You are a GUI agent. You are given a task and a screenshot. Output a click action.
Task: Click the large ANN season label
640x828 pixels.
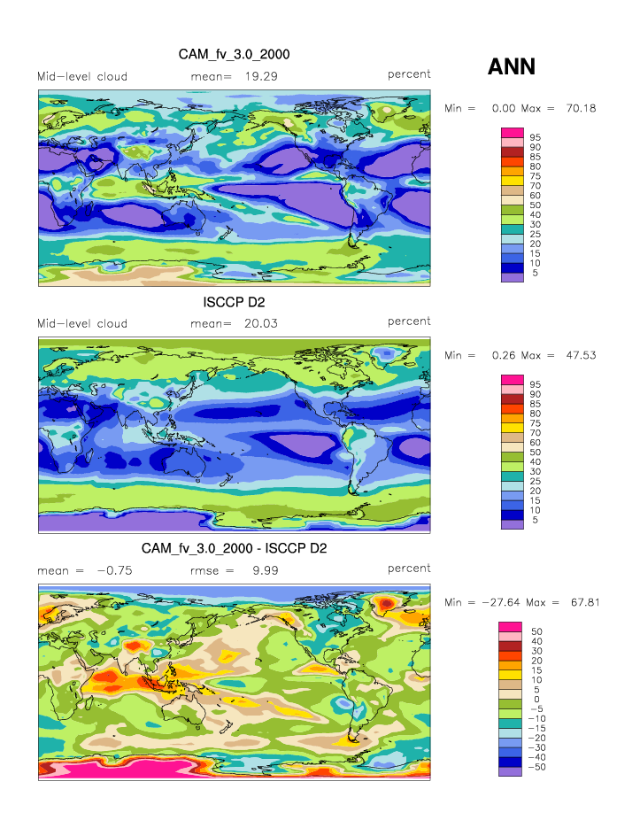click(x=512, y=66)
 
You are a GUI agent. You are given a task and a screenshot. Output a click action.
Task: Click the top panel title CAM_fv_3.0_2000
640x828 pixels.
click(x=234, y=55)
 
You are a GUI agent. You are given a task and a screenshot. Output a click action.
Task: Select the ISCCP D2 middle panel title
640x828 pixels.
click(x=234, y=302)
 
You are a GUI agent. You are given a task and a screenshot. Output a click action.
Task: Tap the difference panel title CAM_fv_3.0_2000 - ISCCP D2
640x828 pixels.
click(x=234, y=549)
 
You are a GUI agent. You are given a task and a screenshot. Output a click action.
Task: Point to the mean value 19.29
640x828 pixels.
click(x=259, y=76)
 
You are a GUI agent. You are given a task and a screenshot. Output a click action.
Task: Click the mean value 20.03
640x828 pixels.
click(x=259, y=323)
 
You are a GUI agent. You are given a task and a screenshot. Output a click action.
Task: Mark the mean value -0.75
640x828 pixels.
click(x=114, y=571)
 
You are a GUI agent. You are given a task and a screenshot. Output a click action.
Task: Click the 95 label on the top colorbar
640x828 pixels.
click(x=535, y=138)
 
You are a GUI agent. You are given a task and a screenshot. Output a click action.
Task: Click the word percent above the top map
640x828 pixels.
click(x=409, y=74)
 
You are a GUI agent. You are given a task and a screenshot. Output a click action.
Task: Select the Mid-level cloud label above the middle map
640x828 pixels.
click(x=82, y=323)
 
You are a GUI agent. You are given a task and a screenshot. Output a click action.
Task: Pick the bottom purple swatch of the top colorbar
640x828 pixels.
click(x=513, y=277)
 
